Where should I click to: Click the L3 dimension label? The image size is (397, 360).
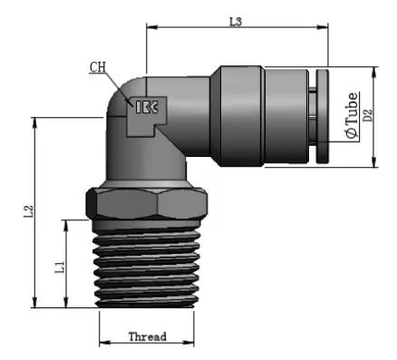(x=236, y=22)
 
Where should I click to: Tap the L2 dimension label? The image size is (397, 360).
(x=28, y=211)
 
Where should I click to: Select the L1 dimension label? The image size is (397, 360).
(x=60, y=268)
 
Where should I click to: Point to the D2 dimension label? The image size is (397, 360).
(x=368, y=115)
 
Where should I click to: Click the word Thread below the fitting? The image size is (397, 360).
(x=148, y=336)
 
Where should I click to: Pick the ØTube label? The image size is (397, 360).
(x=353, y=115)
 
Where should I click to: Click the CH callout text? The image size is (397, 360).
(x=98, y=67)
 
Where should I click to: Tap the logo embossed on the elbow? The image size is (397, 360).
(x=147, y=107)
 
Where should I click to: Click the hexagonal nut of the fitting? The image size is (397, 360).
(x=147, y=203)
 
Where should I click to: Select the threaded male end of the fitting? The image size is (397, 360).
(x=146, y=268)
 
